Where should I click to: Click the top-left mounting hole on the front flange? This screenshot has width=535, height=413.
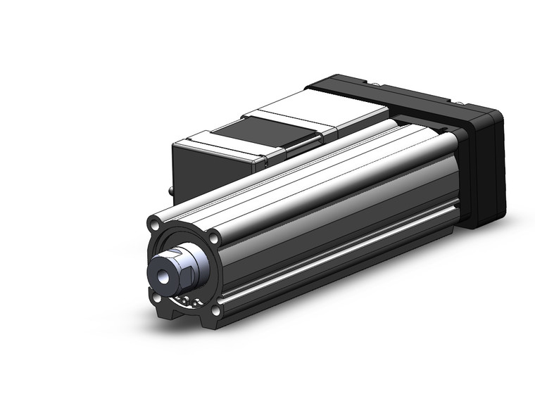tap(153, 226)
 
